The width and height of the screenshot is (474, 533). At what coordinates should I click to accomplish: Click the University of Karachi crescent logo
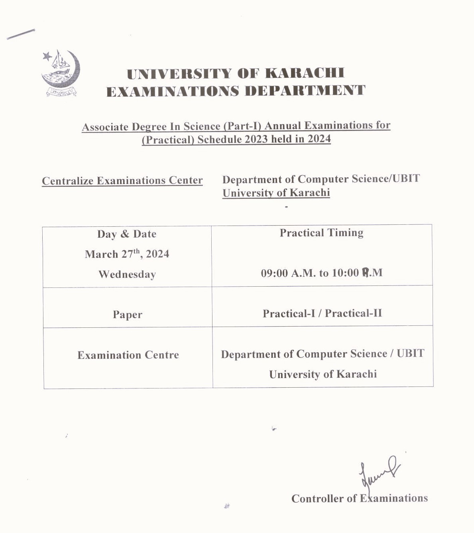pyautogui.click(x=60, y=73)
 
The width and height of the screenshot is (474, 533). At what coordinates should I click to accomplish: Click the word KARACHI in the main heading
pyautogui.click(x=305, y=73)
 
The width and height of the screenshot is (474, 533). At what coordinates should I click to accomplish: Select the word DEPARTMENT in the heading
pyautogui.click(x=305, y=91)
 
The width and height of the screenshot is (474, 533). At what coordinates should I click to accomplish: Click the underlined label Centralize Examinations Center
pyautogui.click(x=122, y=181)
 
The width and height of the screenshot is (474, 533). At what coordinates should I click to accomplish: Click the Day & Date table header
pyautogui.click(x=127, y=234)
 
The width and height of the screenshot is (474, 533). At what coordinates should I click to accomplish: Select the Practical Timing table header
pyautogui.click(x=321, y=233)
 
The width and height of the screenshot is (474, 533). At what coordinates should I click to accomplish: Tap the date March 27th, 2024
pyautogui.click(x=127, y=254)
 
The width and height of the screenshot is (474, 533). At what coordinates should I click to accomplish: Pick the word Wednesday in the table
pyautogui.click(x=127, y=274)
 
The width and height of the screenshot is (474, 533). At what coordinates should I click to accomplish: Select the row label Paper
pyautogui.click(x=127, y=315)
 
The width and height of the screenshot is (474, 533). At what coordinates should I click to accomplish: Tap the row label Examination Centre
pyautogui.click(x=128, y=355)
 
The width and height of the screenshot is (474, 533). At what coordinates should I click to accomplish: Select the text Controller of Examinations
pyautogui.click(x=359, y=498)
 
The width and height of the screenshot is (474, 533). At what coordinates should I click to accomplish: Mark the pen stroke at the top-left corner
pyautogui.click(x=21, y=34)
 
